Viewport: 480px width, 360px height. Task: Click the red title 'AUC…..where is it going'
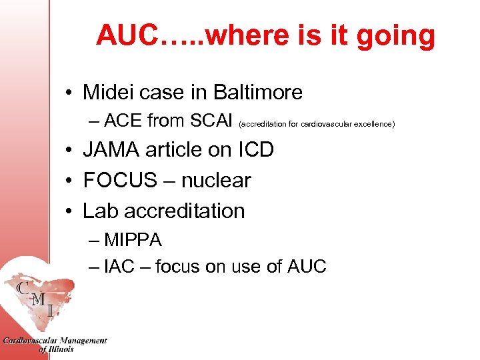tap(265, 36)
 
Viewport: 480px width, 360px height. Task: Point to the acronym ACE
tap(124, 121)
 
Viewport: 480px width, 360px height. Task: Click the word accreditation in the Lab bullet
tap(185, 211)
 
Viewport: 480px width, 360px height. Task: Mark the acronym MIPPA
tap(133, 239)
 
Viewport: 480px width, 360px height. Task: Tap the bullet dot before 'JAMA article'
tap(69, 151)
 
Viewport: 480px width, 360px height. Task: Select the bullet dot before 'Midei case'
tap(69, 93)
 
